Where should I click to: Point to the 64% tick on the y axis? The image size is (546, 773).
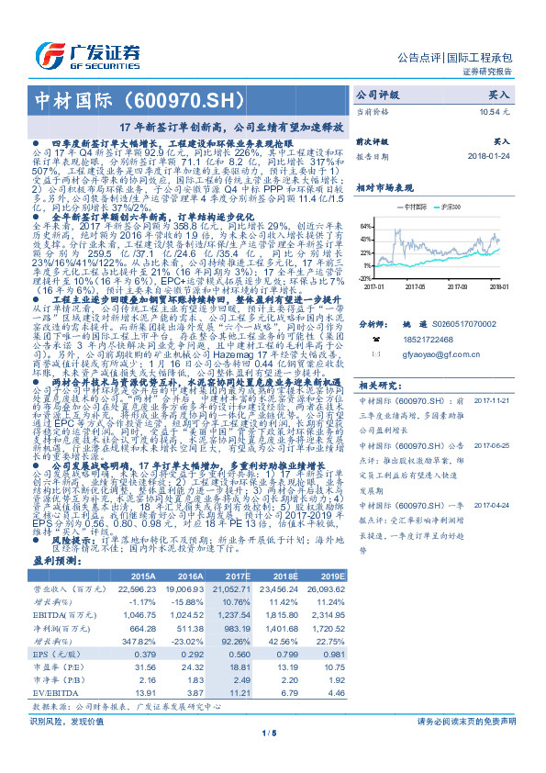[x=366, y=225]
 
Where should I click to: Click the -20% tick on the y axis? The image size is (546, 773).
[x=365, y=277]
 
